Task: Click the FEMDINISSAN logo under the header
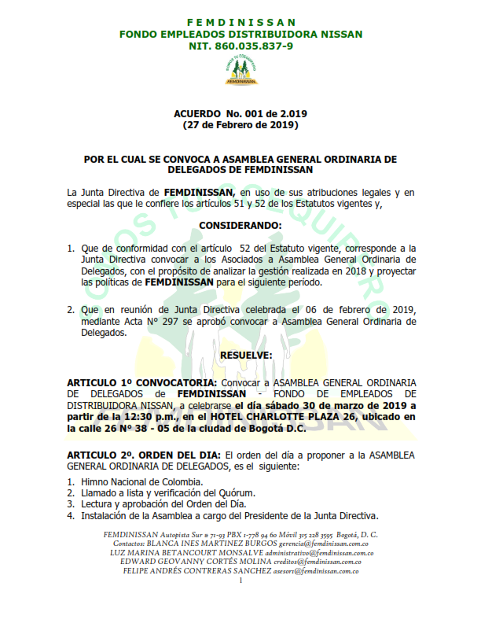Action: (x=240, y=71)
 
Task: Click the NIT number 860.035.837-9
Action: (x=240, y=46)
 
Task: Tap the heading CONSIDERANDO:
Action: (x=240, y=226)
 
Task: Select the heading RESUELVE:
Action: (x=240, y=356)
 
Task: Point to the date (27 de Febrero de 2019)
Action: (x=240, y=125)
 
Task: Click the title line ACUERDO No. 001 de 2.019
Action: (x=240, y=114)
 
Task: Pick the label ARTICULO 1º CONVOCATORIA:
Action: (x=131, y=382)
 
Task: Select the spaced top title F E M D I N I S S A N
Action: (x=240, y=22)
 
